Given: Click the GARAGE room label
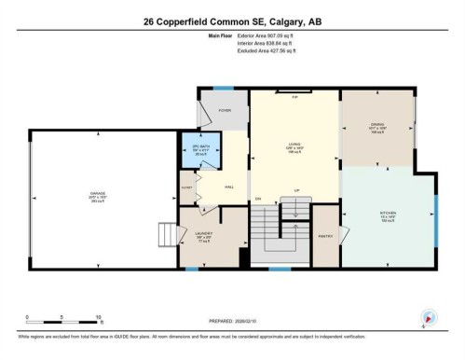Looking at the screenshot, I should click(99, 196).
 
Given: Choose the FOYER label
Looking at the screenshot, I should click(225, 110).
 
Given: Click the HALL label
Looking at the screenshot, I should click(228, 187).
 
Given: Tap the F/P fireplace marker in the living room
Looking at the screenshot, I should click(294, 98).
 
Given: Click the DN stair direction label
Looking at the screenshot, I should click(257, 201).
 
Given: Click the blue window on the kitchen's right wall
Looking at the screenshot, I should click(434, 215).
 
